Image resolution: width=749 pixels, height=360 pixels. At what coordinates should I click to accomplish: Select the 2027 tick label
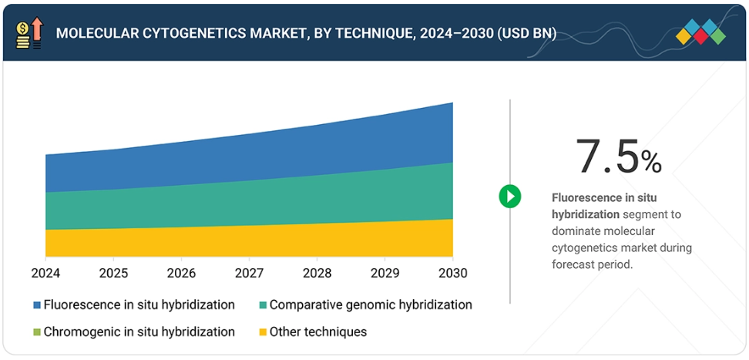coord(248,273)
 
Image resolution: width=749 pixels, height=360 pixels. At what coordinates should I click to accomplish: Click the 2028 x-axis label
coord(316,273)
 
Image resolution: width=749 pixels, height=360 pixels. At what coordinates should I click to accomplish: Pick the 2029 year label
coord(384,273)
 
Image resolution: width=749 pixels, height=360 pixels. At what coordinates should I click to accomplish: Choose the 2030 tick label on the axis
coord(452,273)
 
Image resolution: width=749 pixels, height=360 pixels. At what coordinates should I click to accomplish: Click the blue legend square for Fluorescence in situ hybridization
coord(37,305)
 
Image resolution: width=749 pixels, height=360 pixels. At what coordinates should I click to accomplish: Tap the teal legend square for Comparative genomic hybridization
coord(263,305)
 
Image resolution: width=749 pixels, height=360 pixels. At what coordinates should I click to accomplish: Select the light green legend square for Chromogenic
coord(37,332)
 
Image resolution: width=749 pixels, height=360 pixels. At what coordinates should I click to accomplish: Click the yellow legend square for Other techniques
coord(263,332)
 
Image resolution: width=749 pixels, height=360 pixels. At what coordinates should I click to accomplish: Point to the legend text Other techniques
coord(318,332)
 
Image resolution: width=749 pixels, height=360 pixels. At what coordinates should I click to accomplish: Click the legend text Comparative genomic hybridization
coord(371,305)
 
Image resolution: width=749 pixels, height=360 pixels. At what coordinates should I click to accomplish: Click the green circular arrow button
coord(509,196)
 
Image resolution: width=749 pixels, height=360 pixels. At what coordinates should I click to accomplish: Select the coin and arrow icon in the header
coord(30,33)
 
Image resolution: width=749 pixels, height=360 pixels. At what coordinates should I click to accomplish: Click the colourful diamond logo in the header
coord(701,32)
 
